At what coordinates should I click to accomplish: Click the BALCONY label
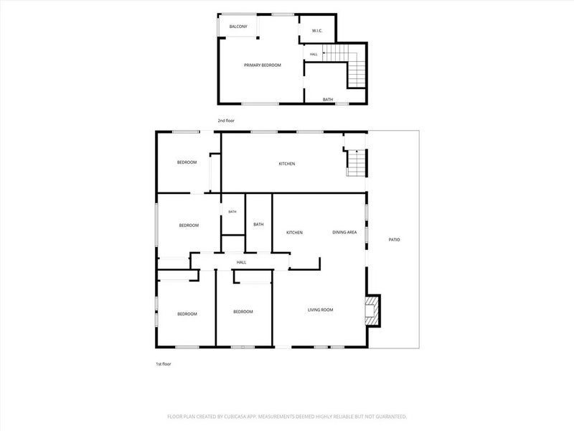point(238,27)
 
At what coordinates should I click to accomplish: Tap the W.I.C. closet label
point(317,31)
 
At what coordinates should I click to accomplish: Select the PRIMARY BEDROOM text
point(263,65)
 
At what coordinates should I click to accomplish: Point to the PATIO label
point(394,240)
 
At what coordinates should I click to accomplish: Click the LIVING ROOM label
point(320,310)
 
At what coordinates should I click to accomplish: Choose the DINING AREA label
point(344,232)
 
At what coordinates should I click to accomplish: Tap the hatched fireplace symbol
point(370,311)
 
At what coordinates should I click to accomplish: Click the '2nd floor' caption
point(226,121)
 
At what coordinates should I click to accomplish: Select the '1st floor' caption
point(164,364)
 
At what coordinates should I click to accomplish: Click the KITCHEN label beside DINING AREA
point(294,233)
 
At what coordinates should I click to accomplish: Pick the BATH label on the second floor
point(328,99)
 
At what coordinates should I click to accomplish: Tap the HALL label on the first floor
point(241,262)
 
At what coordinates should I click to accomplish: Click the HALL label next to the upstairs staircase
point(314,55)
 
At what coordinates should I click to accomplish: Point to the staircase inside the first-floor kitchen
point(356,163)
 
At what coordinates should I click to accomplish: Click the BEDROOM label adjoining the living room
point(243,312)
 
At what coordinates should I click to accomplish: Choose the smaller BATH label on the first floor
point(232,212)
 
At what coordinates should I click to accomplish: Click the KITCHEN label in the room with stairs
point(286,164)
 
